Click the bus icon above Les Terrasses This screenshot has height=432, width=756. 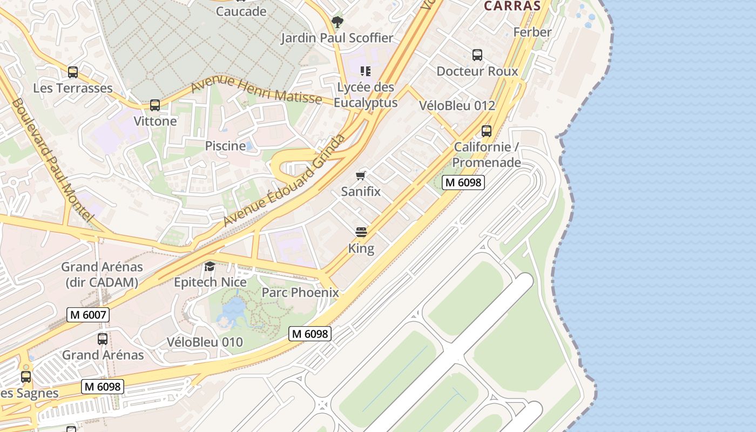click(73, 72)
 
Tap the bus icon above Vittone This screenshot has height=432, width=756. click(155, 105)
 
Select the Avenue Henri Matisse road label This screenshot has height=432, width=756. click(256, 90)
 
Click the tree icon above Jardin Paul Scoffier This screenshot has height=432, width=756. click(337, 22)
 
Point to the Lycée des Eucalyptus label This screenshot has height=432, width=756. click(366, 94)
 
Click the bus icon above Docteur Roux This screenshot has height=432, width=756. click(477, 55)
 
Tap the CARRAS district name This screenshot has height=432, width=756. click(512, 6)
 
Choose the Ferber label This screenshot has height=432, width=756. click(532, 32)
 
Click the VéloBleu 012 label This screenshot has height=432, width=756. click(457, 105)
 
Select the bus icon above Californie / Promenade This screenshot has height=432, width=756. click(487, 131)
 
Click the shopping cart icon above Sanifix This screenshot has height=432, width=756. click(361, 175)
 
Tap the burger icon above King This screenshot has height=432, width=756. click(361, 233)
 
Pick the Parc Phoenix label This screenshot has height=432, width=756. click(300, 293)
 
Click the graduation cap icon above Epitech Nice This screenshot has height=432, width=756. click(210, 266)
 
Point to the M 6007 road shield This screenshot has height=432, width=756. click(88, 315)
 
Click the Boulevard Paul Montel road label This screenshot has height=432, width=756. click(52, 159)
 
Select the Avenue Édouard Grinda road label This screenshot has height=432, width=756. click(285, 180)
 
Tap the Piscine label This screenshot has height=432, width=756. click(225, 146)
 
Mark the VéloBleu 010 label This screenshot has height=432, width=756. click(205, 342)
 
